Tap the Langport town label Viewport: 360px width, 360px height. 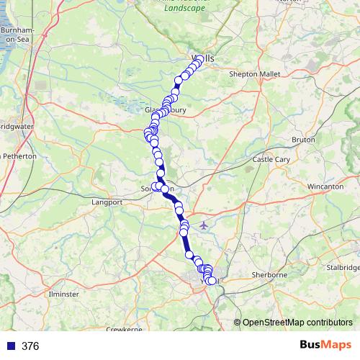tap(108, 203)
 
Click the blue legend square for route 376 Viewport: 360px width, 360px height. tap(10, 346)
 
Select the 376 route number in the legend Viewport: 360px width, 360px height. tap(30, 346)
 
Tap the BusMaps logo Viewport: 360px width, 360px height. tap(325, 346)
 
